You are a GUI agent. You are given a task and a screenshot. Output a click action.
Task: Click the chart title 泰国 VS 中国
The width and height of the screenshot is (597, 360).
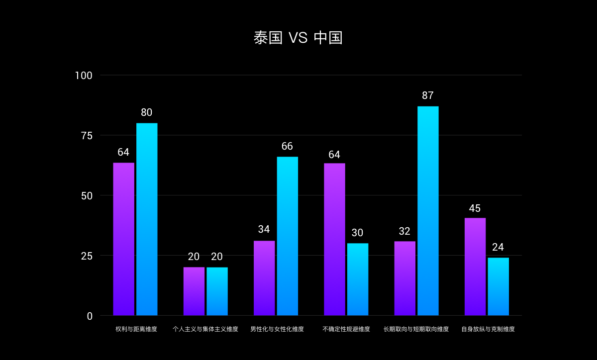298,38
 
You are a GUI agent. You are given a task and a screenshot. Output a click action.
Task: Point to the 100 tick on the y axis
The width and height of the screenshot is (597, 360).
84,76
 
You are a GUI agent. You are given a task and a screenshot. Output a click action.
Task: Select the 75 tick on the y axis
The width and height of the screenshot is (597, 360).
87,136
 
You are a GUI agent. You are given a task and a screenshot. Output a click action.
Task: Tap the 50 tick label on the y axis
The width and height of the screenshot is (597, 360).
87,196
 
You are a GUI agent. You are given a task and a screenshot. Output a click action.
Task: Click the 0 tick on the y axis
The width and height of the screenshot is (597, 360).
90,316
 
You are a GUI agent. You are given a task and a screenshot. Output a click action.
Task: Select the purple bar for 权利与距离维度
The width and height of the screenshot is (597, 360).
123,239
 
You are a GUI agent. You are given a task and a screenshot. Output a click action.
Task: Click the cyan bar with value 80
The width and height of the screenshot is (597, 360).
147,219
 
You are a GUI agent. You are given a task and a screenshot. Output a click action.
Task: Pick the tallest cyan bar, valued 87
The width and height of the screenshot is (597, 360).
428,211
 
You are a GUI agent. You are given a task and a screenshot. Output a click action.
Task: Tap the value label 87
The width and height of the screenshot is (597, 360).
428,95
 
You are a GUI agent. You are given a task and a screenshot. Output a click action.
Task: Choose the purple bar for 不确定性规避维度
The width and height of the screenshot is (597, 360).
334,239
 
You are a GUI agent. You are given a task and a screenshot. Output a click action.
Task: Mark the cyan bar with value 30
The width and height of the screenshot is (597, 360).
358,279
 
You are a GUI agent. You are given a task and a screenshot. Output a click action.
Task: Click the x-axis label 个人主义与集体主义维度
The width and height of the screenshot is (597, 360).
205,329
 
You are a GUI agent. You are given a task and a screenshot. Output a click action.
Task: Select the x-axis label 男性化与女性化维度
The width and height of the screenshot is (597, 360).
277,329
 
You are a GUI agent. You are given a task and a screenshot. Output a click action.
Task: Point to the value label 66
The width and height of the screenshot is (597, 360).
287,146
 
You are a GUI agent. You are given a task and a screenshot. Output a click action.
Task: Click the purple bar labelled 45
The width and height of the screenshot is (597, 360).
475,267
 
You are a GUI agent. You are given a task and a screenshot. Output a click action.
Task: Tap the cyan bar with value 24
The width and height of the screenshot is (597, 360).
498,286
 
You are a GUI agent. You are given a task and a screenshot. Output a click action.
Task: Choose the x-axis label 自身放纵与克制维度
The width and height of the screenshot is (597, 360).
488,329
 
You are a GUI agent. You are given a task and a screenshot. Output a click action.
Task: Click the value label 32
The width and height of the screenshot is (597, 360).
404,231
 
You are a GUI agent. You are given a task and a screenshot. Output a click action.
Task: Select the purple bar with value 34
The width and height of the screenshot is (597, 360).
264,278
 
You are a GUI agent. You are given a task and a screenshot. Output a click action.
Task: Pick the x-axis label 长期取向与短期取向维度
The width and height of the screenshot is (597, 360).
416,329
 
